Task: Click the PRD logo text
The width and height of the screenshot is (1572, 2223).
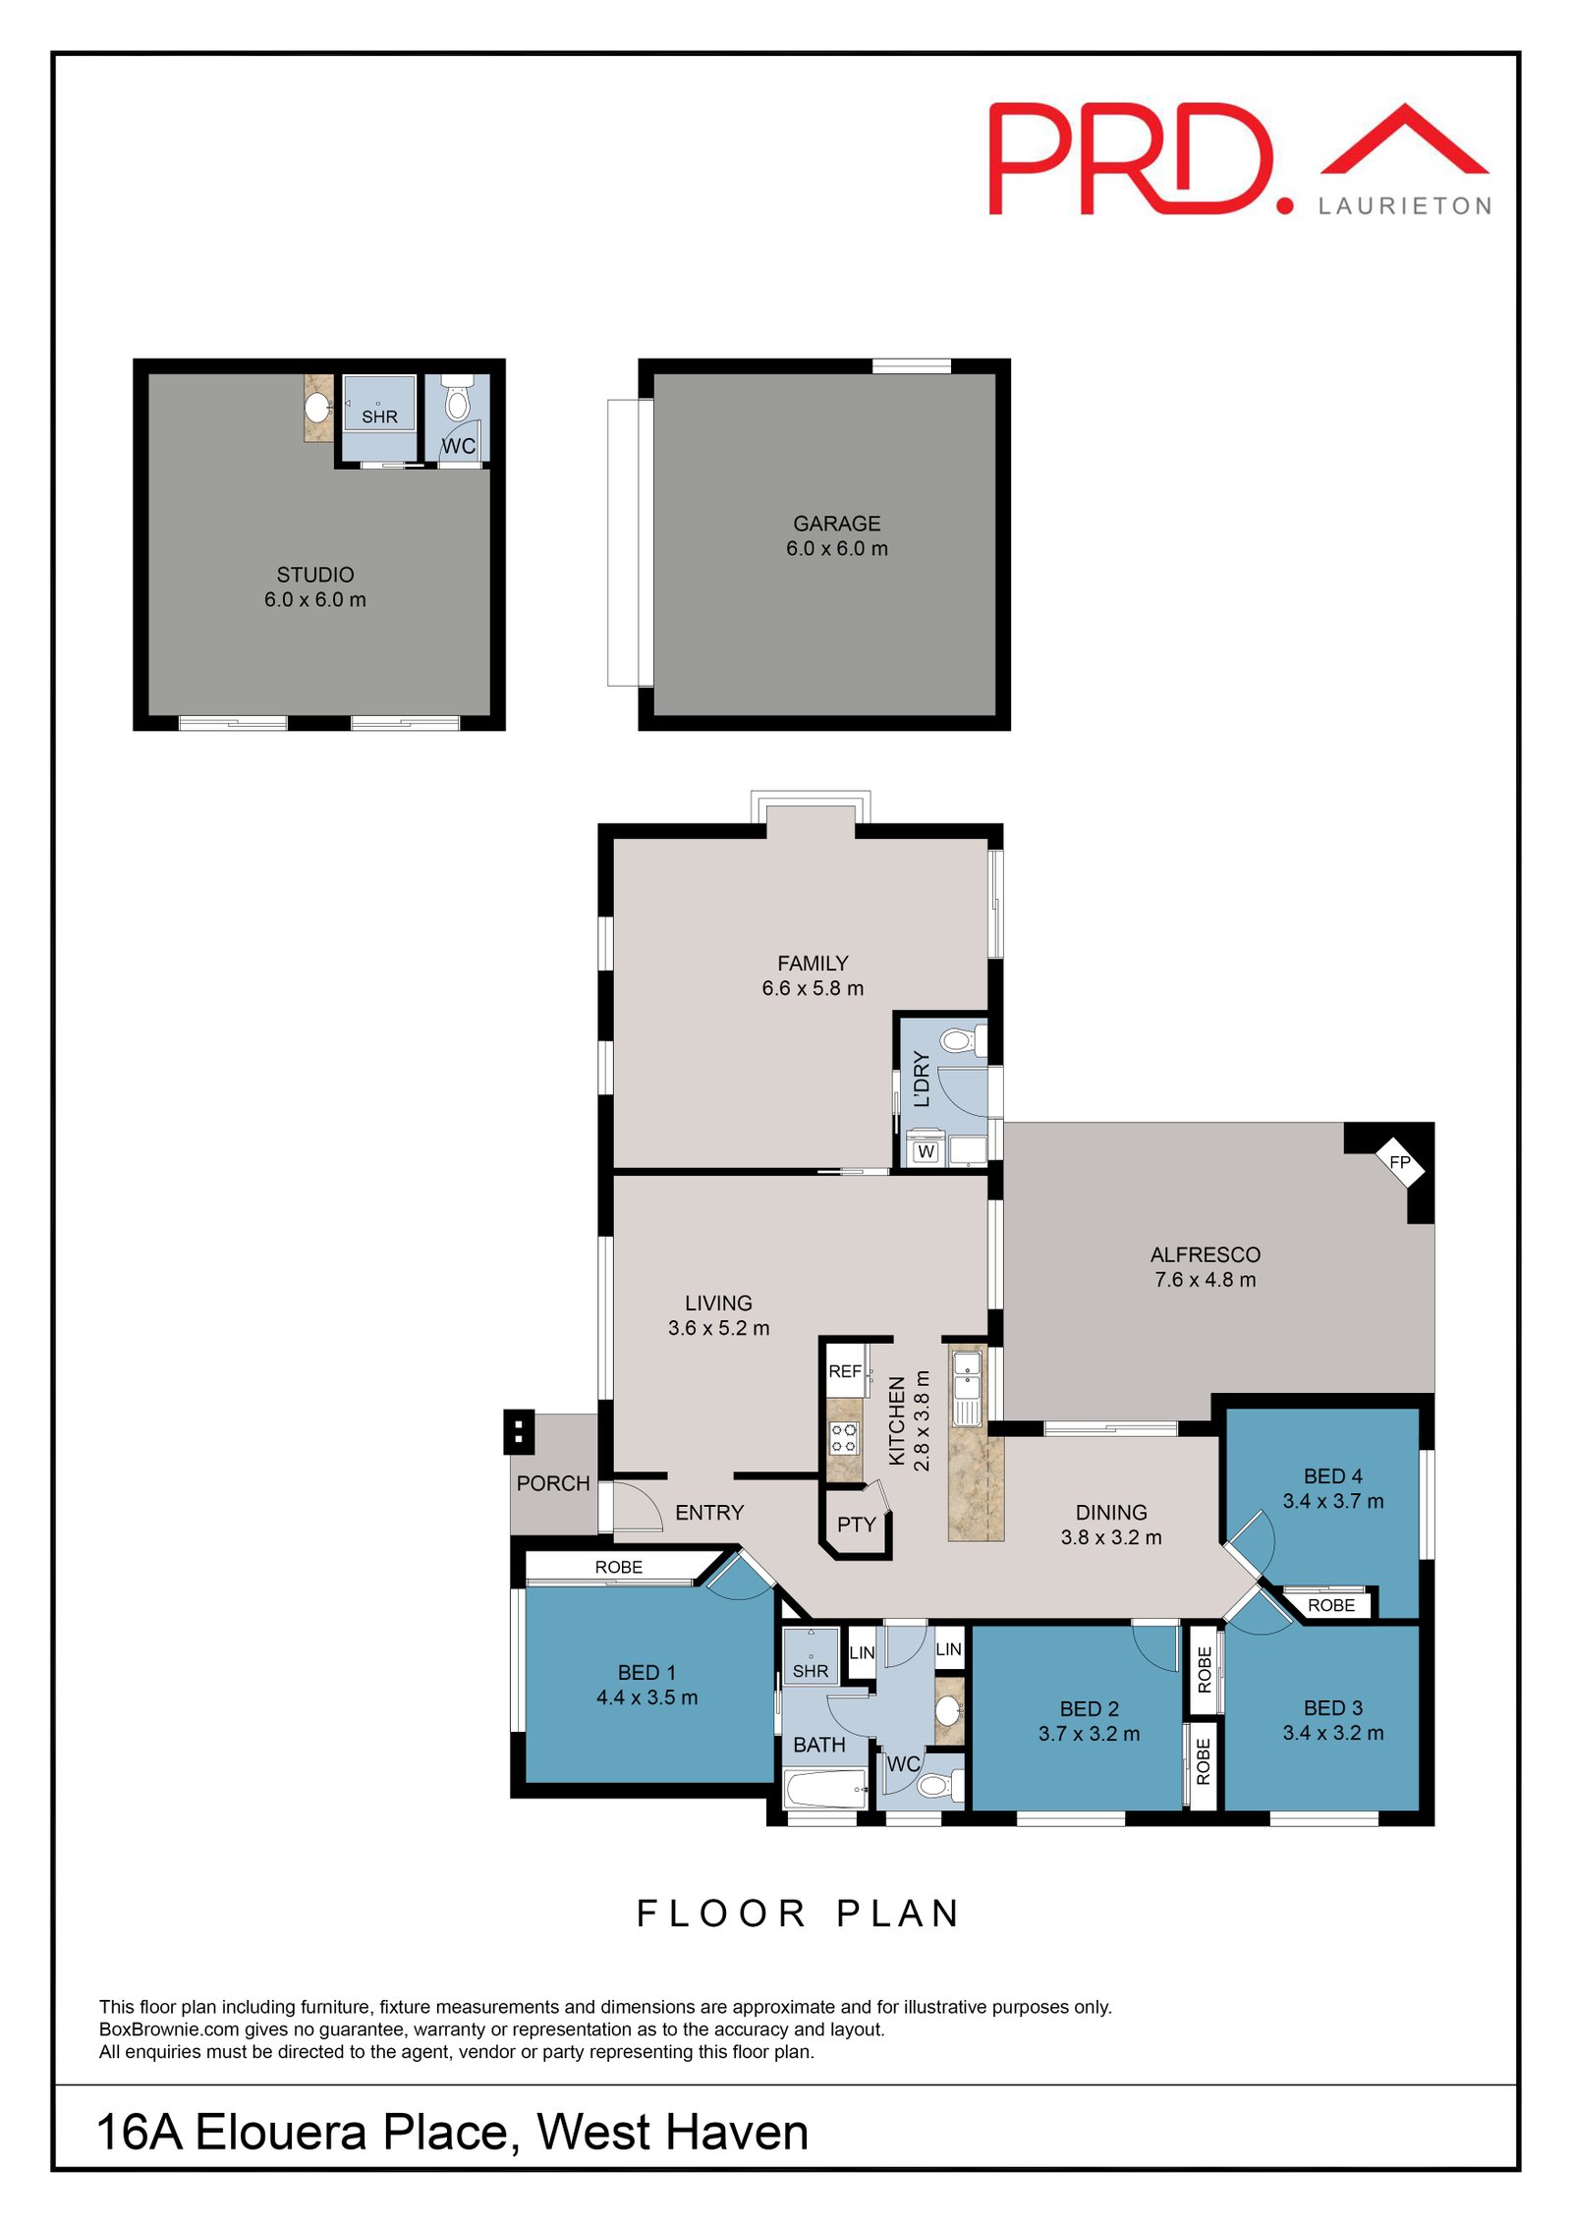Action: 1130,159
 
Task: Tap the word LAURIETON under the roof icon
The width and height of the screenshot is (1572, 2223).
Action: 1404,206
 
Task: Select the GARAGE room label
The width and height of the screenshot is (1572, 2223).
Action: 836,524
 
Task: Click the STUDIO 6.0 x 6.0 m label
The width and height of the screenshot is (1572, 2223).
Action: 314,586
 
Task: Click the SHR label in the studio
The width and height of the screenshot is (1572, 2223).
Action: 379,417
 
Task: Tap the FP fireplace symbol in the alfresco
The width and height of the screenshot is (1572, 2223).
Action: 1399,1162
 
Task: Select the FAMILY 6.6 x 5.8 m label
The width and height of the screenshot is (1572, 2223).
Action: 813,975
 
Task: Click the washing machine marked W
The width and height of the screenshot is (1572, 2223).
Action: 926,1151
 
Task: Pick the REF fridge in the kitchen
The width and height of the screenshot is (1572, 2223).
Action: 845,1371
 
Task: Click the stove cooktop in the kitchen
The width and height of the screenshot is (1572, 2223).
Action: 844,1438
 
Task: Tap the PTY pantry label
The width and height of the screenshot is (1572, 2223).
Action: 856,1525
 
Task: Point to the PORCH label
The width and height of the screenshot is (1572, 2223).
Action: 553,1483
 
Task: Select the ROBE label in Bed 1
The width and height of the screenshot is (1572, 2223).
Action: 618,1567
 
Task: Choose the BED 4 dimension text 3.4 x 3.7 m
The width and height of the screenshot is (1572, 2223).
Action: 1332,1501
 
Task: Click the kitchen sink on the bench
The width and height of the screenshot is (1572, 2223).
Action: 967,1375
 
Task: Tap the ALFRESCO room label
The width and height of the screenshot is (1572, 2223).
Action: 1205,1254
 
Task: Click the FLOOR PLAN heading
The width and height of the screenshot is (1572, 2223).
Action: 798,1914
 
